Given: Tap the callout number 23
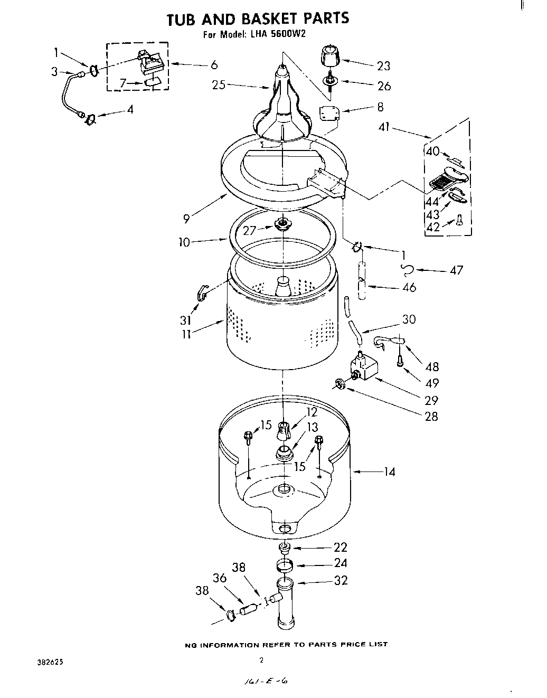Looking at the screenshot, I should pos(383,66).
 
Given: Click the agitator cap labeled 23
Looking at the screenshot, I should pos(330,55).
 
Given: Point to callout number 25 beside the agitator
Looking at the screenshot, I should pos(219,84).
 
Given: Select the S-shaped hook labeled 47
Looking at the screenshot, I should pos(407,270).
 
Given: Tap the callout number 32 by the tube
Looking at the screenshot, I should pos(341,580).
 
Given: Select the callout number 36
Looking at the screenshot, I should pos(220,579).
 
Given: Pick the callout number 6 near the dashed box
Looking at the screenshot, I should pos(214,65).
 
